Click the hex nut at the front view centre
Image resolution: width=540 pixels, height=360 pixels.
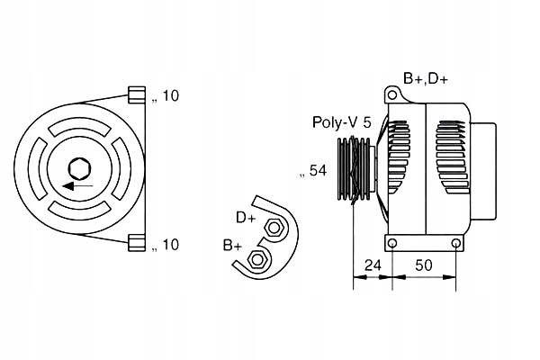click(79, 168)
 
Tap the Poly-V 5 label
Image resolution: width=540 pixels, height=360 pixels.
click(341, 121)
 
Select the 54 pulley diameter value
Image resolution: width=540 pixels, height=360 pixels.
click(316, 170)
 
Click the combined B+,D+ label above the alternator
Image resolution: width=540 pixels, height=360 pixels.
click(426, 78)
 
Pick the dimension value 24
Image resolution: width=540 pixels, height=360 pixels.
click(373, 265)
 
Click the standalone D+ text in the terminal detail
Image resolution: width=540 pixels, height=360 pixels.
click(246, 217)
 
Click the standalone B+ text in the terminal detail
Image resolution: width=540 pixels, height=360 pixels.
click(232, 245)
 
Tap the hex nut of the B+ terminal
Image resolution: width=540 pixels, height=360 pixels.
click(257, 260)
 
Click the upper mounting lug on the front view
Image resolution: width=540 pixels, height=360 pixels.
click(137, 95)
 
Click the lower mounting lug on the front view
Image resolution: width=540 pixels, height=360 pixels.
click(137, 242)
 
